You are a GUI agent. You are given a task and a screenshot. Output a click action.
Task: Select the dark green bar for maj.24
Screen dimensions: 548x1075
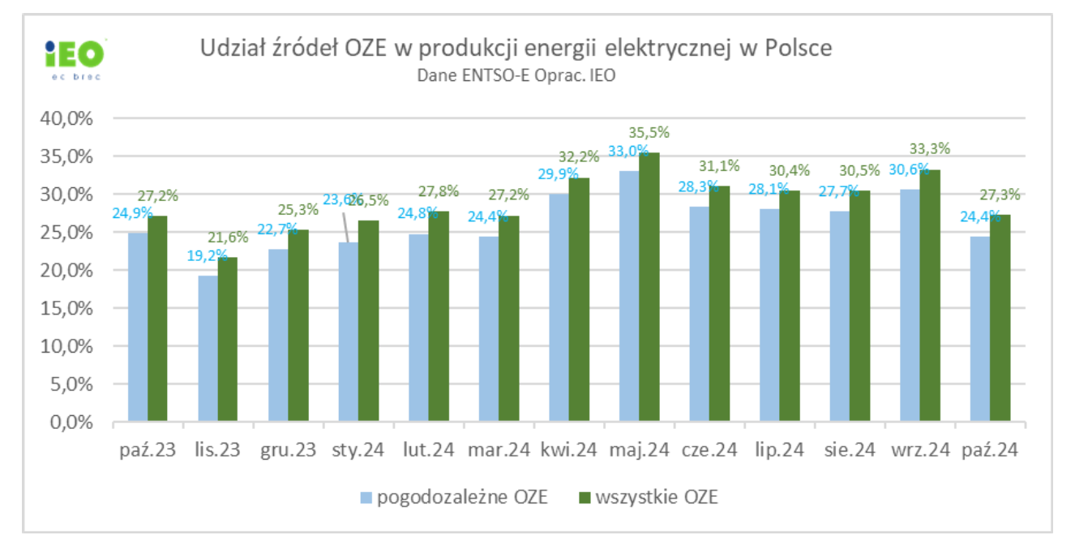coord(648,288)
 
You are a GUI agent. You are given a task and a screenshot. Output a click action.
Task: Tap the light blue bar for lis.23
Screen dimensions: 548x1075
coord(208,349)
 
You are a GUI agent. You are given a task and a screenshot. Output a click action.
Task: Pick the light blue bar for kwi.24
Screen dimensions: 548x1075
coord(559,308)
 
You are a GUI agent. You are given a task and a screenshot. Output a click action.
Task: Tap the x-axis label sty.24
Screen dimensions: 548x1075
coord(358,449)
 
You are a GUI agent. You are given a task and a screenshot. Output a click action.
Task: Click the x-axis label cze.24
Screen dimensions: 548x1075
coord(709,449)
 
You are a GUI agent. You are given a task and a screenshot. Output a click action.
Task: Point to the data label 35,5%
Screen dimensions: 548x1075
coord(649,133)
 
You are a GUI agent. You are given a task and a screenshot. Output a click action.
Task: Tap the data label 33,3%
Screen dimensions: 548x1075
coord(930,148)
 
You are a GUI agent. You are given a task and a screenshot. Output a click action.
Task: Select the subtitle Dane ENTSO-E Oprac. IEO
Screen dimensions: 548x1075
coord(516,75)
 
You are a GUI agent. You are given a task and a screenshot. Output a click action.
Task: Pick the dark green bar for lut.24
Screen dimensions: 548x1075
coord(438,317)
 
